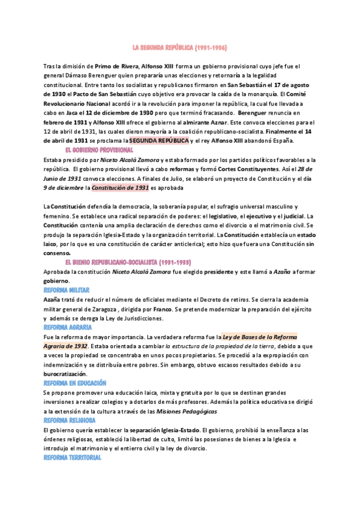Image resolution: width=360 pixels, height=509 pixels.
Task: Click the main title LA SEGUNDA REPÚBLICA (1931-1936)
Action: [179, 47]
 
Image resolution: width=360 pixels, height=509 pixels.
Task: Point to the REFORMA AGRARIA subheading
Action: [68, 327]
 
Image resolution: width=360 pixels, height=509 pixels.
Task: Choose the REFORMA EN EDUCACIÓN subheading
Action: [74, 382]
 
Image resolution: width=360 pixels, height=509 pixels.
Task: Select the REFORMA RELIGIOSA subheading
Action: [70, 420]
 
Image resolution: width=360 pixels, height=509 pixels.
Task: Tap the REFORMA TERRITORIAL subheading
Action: [73, 457]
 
